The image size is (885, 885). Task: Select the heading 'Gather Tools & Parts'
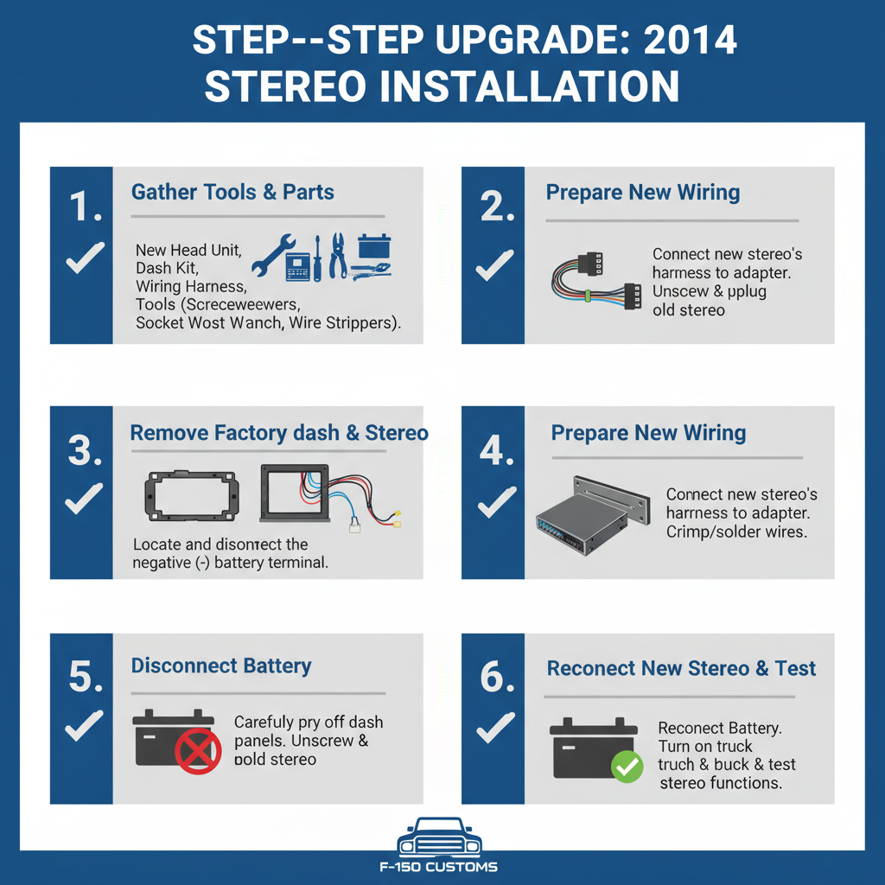coord(232,192)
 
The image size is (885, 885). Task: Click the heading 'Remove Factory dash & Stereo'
coord(279,432)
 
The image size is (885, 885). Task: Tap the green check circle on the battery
coord(627,765)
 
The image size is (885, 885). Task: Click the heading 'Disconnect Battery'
coord(220,666)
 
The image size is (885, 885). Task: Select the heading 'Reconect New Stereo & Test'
coord(681,668)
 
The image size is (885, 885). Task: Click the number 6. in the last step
coord(497,678)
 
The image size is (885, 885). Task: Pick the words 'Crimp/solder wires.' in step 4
coord(736,532)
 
